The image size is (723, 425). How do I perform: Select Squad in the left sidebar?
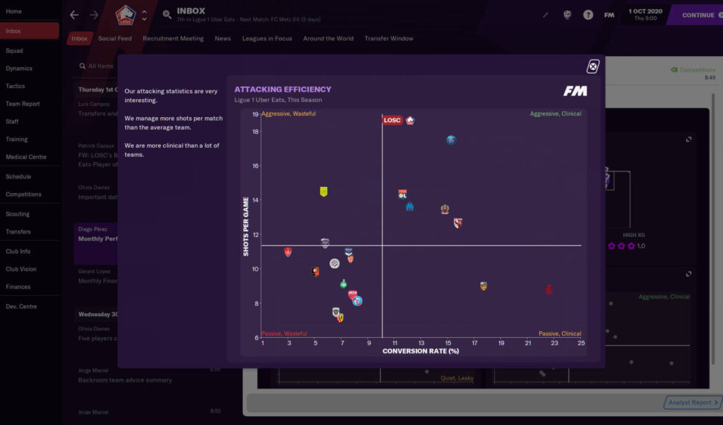[14, 51]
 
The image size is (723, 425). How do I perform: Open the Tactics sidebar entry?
[16, 86]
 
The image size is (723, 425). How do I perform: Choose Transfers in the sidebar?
[19, 232]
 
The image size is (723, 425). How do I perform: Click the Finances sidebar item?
[19, 287]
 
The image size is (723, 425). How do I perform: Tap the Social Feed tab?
[115, 39]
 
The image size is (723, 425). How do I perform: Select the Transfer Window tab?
[388, 39]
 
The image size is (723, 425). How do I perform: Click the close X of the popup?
[593, 66]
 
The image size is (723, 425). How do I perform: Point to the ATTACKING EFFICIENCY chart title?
[282, 89]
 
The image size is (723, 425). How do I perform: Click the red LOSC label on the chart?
[392, 120]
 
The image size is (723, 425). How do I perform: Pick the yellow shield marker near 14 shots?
[323, 192]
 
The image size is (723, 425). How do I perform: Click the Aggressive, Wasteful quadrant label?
[288, 114]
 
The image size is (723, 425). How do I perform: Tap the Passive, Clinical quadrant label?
[559, 334]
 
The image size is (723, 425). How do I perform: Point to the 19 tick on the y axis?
[255, 114]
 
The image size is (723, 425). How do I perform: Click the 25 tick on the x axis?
[581, 344]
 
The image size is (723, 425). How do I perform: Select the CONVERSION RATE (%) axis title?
[420, 351]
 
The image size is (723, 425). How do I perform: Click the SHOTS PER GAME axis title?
[246, 227]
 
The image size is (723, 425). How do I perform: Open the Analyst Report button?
[692, 403]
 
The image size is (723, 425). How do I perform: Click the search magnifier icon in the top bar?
[167, 15]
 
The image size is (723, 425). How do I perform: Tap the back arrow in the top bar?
[74, 15]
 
